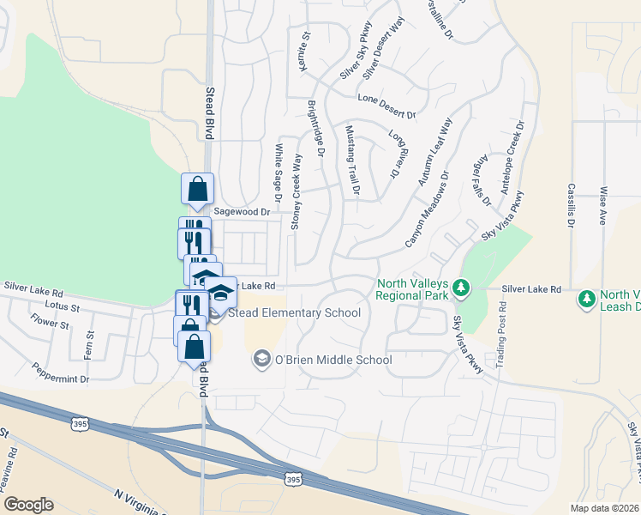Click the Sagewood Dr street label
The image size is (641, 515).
[x=242, y=211]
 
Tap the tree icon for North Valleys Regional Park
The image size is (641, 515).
[x=461, y=287]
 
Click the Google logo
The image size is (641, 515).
[x=28, y=505]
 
